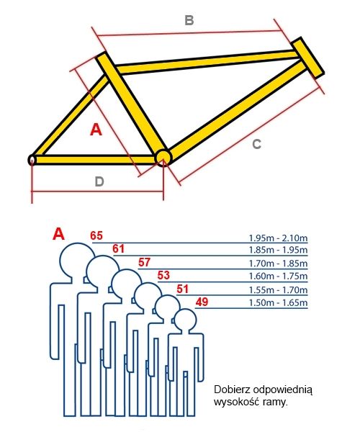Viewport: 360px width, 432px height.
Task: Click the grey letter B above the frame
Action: click(x=189, y=20)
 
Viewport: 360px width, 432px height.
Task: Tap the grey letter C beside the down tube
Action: click(x=257, y=145)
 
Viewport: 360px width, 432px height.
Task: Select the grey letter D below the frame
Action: click(x=99, y=182)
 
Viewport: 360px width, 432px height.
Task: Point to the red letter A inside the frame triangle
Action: click(x=96, y=130)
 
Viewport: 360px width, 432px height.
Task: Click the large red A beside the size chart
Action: click(x=58, y=234)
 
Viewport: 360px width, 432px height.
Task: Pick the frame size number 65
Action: click(x=96, y=236)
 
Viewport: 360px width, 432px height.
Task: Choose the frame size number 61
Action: click(x=118, y=249)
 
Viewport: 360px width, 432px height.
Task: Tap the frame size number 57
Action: click(x=145, y=263)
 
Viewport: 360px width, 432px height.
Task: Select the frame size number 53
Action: click(x=163, y=275)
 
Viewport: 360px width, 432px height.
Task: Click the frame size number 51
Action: click(x=183, y=289)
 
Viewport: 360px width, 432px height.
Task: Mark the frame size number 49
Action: click(x=202, y=302)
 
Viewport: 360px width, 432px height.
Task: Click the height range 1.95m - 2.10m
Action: click(x=278, y=238)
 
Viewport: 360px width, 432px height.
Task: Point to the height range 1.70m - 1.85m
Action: click(x=278, y=264)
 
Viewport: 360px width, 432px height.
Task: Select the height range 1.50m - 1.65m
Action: click(x=278, y=303)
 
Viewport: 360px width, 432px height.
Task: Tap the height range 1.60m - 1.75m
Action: click(x=278, y=276)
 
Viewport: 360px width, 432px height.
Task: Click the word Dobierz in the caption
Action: click(x=232, y=390)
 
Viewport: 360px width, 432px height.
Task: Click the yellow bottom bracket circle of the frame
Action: click(x=163, y=158)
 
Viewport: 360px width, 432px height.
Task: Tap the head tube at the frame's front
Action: click(x=308, y=58)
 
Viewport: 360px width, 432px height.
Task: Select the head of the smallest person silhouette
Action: click(x=186, y=319)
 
